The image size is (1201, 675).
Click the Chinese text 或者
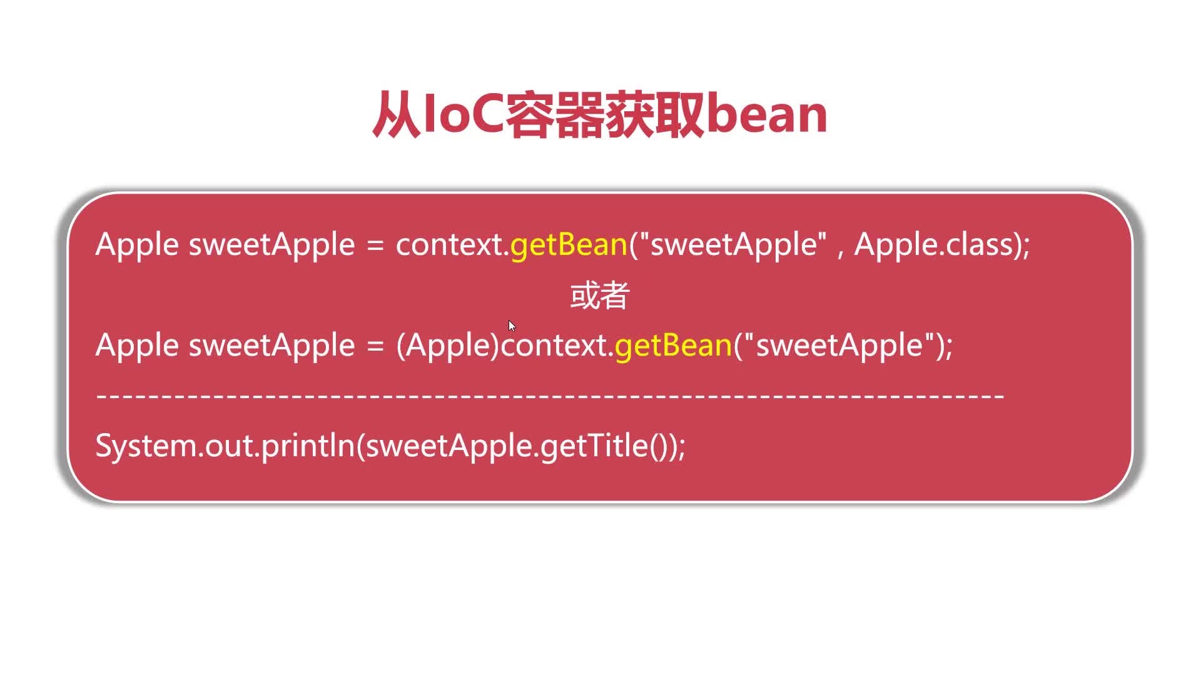pos(600,296)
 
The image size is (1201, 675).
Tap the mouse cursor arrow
pos(512,326)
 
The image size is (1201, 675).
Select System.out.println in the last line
pos(225,446)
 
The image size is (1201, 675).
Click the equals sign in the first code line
pos(375,244)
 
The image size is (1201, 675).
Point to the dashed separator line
pos(550,396)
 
